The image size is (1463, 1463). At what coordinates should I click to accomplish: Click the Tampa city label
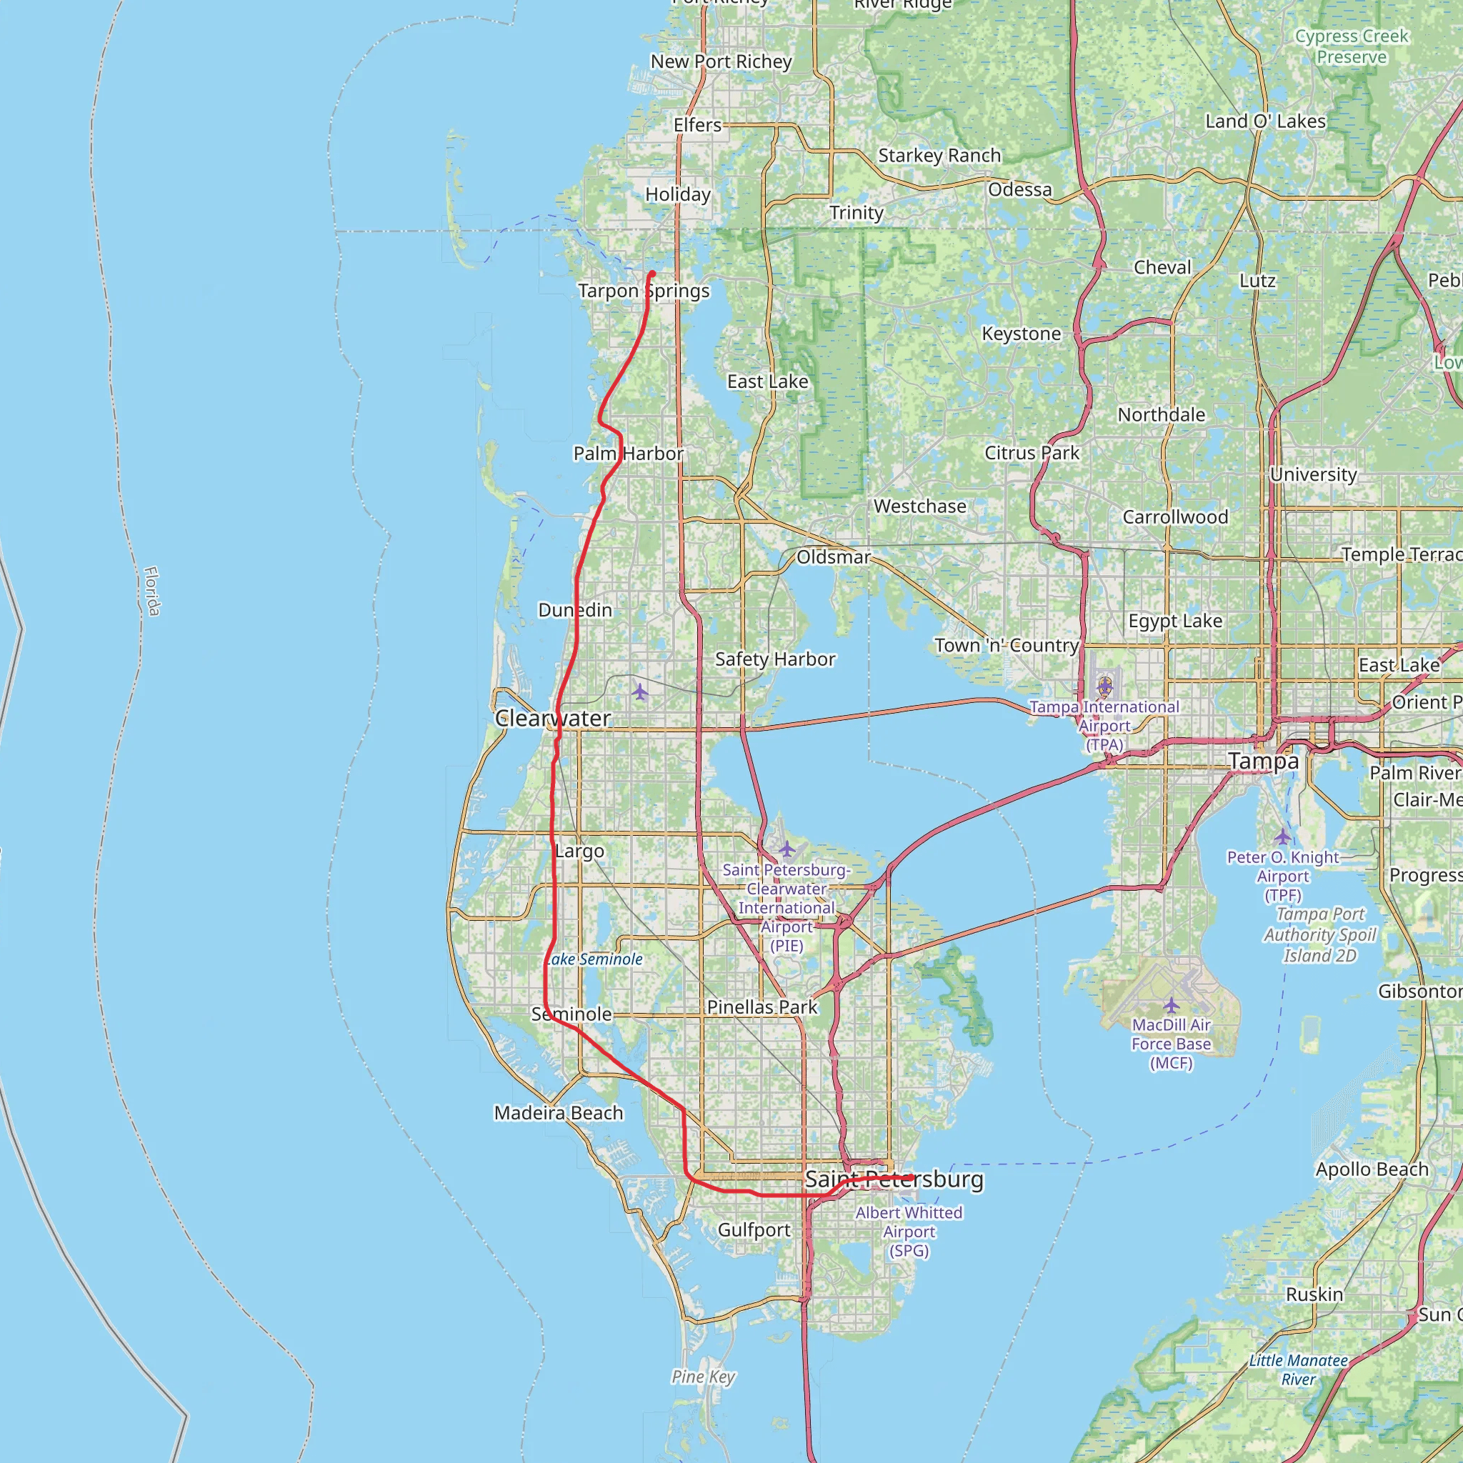click(1263, 761)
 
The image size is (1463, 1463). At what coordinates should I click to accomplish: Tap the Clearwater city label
click(552, 718)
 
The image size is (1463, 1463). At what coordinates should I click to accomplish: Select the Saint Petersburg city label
click(894, 1179)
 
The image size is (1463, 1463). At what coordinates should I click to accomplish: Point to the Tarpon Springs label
click(644, 291)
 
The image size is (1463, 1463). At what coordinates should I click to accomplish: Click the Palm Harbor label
click(628, 454)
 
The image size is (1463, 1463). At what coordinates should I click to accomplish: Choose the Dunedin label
click(575, 609)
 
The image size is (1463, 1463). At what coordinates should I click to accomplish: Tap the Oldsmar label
click(833, 556)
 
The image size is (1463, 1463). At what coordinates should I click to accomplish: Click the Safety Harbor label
click(774, 659)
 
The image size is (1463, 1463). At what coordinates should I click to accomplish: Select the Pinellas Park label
click(762, 1007)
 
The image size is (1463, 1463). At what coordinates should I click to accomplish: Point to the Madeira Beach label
click(558, 1112)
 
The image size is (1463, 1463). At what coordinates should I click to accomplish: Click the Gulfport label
click(754, 1230)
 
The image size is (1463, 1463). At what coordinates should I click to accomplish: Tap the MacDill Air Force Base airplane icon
click(1172, 1005)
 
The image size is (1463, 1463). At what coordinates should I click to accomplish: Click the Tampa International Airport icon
click(1105, 686)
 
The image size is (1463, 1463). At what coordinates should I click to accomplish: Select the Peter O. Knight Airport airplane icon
click(1282, 837)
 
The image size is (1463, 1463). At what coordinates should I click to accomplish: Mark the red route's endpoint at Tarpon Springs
click(652, 274)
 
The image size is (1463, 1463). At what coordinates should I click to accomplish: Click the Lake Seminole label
click(594, 959)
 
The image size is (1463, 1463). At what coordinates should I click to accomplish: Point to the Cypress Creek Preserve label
click(1351, 46)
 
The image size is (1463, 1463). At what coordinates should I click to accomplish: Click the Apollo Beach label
click(1372, 1169)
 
